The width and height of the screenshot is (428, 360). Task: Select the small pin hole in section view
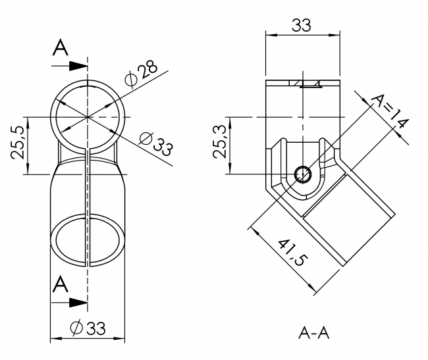coord(303,174)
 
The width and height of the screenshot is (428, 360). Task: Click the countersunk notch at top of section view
coord(308,84)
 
